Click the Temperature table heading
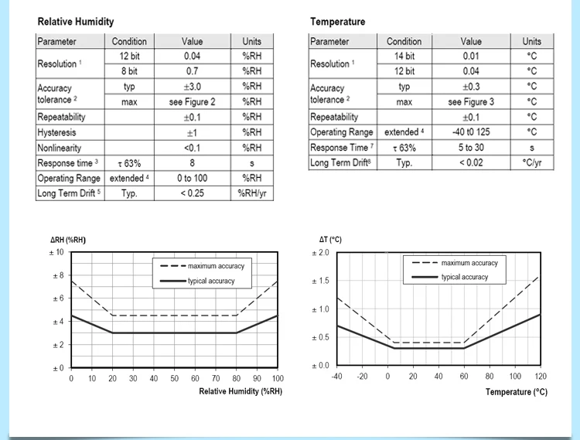pos(338,22)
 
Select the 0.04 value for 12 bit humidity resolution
pos(193,56)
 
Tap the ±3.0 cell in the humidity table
pos(193,87)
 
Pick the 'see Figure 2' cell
pos(193,101)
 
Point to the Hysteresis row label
pos(57,132)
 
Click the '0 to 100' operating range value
pos(193,178)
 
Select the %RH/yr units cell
pos(252,193)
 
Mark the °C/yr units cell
pos(531,163)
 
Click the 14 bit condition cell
pos(404,56)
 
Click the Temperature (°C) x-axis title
pos(516,392)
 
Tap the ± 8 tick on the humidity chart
pos(57,275)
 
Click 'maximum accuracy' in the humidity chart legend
pos(216,266)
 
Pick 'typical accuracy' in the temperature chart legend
pos(465,277)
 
